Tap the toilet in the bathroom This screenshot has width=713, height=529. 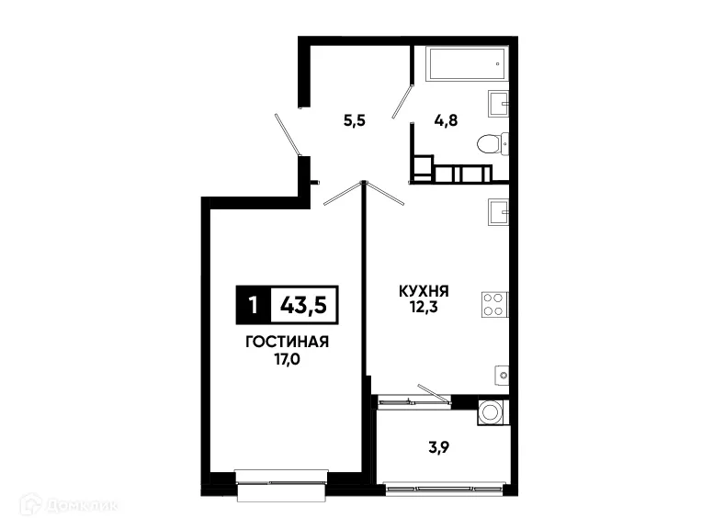[492, 144]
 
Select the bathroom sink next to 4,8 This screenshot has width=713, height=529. [499, 105]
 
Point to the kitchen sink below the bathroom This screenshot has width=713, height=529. [499, 211]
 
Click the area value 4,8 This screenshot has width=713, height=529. [446, 119]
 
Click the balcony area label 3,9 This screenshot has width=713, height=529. [439, 450]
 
